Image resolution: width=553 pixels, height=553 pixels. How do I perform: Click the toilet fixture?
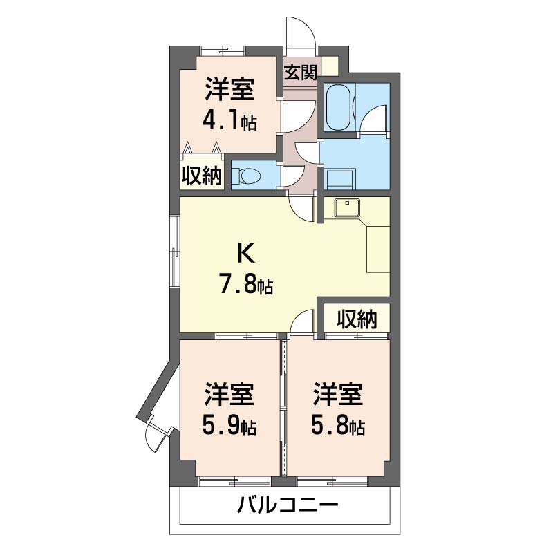[x=245, y=175]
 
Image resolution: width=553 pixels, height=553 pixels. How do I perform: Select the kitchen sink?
[x=344, y=207]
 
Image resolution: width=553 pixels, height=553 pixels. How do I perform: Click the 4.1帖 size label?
[x=229, y=122]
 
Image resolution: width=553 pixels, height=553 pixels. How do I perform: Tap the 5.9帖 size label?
[x=229, y=427]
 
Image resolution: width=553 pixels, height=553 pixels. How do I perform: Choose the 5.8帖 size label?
[x=337, y=427]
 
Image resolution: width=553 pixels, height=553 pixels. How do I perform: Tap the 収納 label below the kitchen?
[x=357, y=319]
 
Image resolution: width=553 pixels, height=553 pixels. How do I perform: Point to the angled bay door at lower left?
[x=156, y=436]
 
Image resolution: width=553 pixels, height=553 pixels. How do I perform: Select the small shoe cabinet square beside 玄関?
[x=330, y=67]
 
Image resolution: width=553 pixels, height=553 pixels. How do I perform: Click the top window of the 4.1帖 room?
[x=222, y=50]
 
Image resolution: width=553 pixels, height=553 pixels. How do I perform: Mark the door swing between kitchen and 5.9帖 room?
[x=303, y=324]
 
